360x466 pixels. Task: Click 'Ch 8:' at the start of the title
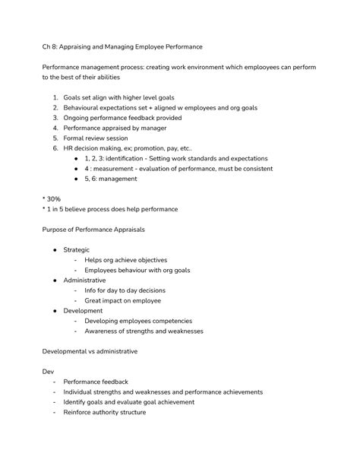(51, 47)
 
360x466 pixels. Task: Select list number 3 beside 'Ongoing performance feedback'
(55, 118)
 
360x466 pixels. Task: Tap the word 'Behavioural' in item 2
(83, 108)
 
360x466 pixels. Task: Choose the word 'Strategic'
(76, 249)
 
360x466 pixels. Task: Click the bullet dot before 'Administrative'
(55, 280)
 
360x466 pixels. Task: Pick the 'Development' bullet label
(83, 310)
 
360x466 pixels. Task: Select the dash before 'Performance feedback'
(55, 382)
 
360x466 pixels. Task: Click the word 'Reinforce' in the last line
(78, 412)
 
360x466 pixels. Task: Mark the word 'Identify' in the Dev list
(76, 402)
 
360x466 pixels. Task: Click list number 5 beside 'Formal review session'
(55, 138)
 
